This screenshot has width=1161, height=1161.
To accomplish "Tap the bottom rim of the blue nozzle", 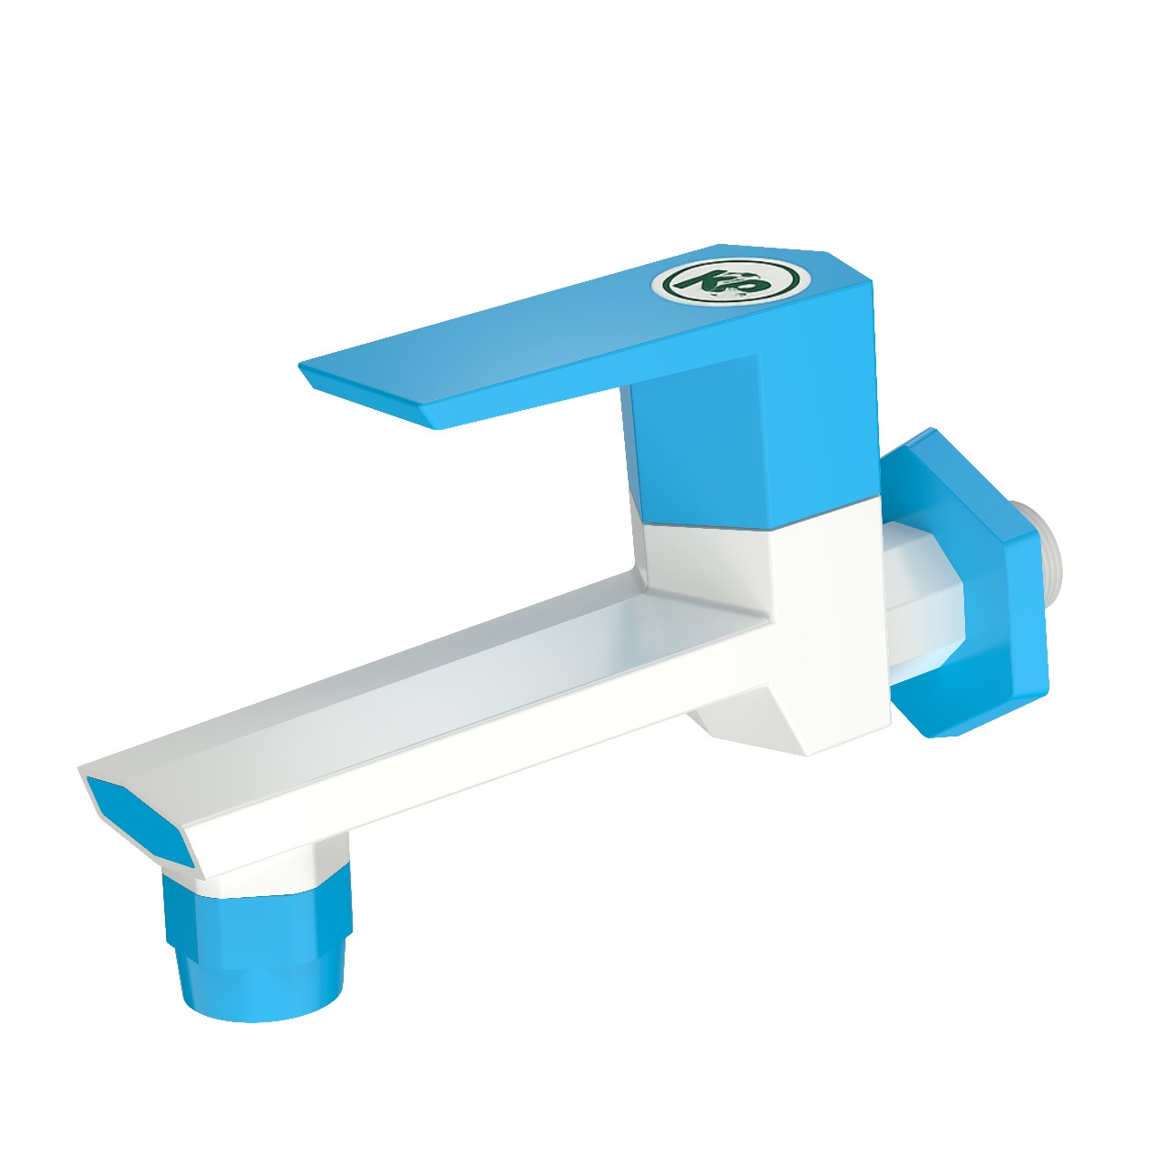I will (263, 1011).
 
